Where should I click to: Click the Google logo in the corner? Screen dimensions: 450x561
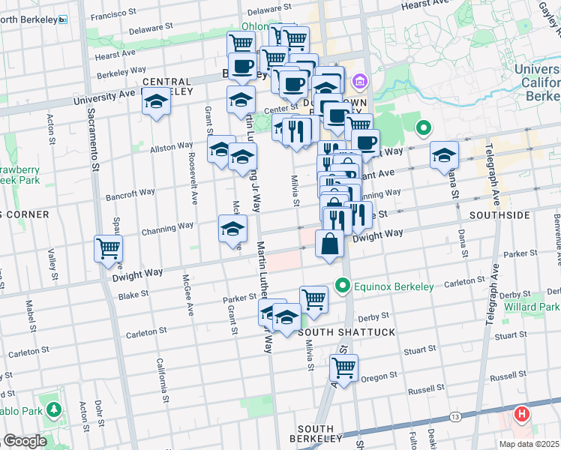[25, 441]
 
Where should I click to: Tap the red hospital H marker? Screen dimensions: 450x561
[522, 414]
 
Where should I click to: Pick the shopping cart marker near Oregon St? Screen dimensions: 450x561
[343, 368]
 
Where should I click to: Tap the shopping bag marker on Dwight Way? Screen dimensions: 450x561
[329, 244]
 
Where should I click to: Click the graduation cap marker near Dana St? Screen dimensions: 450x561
[444, 155]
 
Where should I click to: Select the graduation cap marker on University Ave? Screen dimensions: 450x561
[156, 103]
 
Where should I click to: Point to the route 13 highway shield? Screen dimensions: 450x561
[455, 416]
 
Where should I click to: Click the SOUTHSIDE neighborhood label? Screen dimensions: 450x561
[499, 214]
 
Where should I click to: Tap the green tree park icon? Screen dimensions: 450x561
[53, 409]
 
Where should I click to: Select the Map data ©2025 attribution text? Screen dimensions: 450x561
[529, 444]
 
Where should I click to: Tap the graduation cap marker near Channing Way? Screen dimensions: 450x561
[232, 229]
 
